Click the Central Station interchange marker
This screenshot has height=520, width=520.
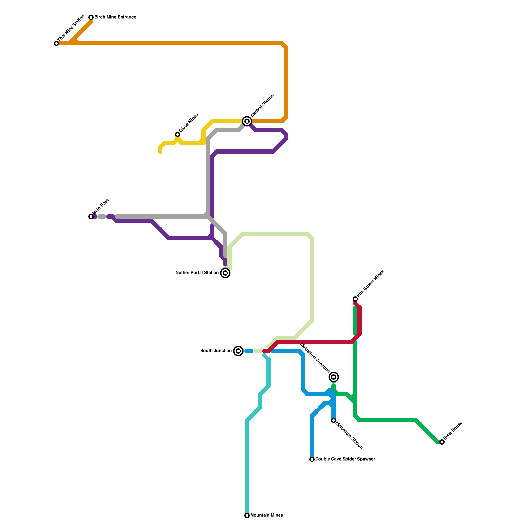pos(247,121)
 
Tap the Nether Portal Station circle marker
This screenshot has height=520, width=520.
pos(225,273)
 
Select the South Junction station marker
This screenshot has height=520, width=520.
pos(239,351)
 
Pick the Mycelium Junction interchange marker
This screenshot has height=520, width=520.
pos(333,377)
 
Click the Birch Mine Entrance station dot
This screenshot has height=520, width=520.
pos(91,17)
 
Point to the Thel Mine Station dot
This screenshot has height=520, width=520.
pos(56,43)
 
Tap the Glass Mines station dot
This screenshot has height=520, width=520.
pos(177,134)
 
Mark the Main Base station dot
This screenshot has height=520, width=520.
pos(91,216)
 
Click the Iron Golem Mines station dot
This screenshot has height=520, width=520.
pos(355,299)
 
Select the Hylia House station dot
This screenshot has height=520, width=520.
pos(442,442)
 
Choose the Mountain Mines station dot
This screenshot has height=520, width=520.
pos(247,516)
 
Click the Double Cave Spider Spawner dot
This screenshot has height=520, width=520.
pos(312,459)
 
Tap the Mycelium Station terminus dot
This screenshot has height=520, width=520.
pos(333,421)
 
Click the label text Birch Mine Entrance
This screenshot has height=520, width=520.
pos(115,17)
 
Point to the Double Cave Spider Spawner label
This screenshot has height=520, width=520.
pos(345,459)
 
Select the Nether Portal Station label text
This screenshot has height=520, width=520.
pos(197,273)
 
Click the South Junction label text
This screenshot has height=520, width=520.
pos(216,351)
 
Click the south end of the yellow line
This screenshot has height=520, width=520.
pos(160,152)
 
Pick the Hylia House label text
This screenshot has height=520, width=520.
pos(453,431)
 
